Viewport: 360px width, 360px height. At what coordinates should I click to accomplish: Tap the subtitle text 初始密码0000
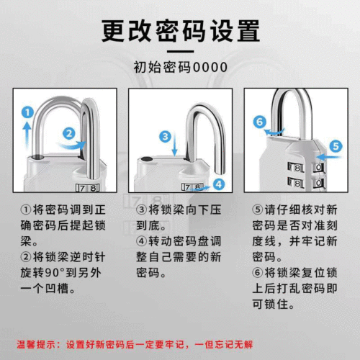pos(180,67)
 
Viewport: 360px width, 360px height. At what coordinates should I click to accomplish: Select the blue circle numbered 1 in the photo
pos(27,112)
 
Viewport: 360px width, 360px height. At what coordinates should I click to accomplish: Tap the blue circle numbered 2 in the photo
pos(68,132)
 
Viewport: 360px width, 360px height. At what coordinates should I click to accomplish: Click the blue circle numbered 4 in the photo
pos(220,184)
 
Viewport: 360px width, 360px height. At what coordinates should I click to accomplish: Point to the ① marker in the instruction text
pos(26,210)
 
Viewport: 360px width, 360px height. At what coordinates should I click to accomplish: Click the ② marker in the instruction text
pos(26,257)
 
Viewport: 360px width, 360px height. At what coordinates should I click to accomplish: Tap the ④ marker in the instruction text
pos(143,241)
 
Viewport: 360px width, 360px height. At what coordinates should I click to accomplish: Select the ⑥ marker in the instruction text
pos(258,273)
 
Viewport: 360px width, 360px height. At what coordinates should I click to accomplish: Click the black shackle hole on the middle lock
pos(147,159)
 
